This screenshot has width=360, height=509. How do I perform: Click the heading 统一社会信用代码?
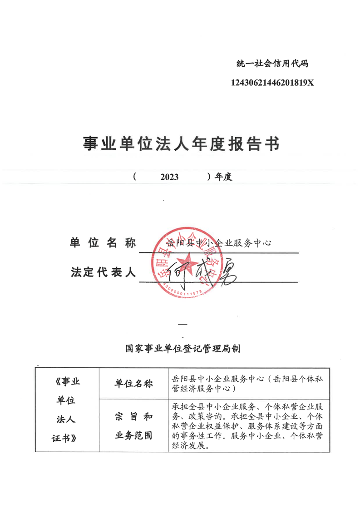[272, 64]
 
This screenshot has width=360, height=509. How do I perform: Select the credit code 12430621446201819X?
[272, 83]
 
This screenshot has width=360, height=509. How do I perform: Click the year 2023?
[169, 177]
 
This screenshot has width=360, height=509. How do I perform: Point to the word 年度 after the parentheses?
[223, 177]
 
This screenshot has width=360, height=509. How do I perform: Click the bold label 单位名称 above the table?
[103, 243]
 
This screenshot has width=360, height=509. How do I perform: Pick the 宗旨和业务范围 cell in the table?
[133, 426]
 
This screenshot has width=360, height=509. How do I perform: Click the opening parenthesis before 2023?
[135, 177]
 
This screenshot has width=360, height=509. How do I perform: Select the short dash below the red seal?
[182, 324]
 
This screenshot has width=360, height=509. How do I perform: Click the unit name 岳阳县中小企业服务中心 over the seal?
[219, 243]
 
